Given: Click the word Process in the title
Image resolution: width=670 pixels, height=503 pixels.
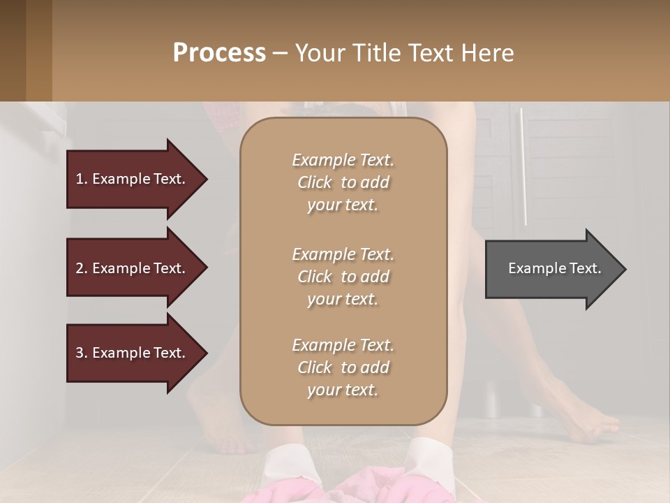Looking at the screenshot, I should click(219, 53).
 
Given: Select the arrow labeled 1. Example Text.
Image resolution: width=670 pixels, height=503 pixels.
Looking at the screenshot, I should click(133, 179).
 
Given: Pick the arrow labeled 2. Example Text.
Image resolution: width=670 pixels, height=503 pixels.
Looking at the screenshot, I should click(133, 268).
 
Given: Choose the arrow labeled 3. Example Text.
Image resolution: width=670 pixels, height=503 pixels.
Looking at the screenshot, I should click(133, 353).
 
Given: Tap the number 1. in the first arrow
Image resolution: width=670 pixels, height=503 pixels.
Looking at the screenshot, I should click(82, 179).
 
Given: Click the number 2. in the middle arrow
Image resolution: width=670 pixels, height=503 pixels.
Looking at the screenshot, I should click(82, 268).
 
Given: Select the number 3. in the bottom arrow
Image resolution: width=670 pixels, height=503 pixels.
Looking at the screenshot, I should click(82, 353).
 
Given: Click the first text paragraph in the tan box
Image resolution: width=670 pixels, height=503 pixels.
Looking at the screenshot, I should click(343, 182).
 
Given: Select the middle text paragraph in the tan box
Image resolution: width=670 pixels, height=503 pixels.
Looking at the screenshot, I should click(343, 277).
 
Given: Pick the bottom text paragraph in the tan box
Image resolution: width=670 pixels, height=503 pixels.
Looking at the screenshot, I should click(343, 367).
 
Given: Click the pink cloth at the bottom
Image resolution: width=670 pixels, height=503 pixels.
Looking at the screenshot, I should click(349, 486).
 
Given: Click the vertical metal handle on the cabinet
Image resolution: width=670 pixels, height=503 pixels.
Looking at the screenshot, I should click(523, 168).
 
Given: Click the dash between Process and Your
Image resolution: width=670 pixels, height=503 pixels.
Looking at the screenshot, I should click(280, 54).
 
